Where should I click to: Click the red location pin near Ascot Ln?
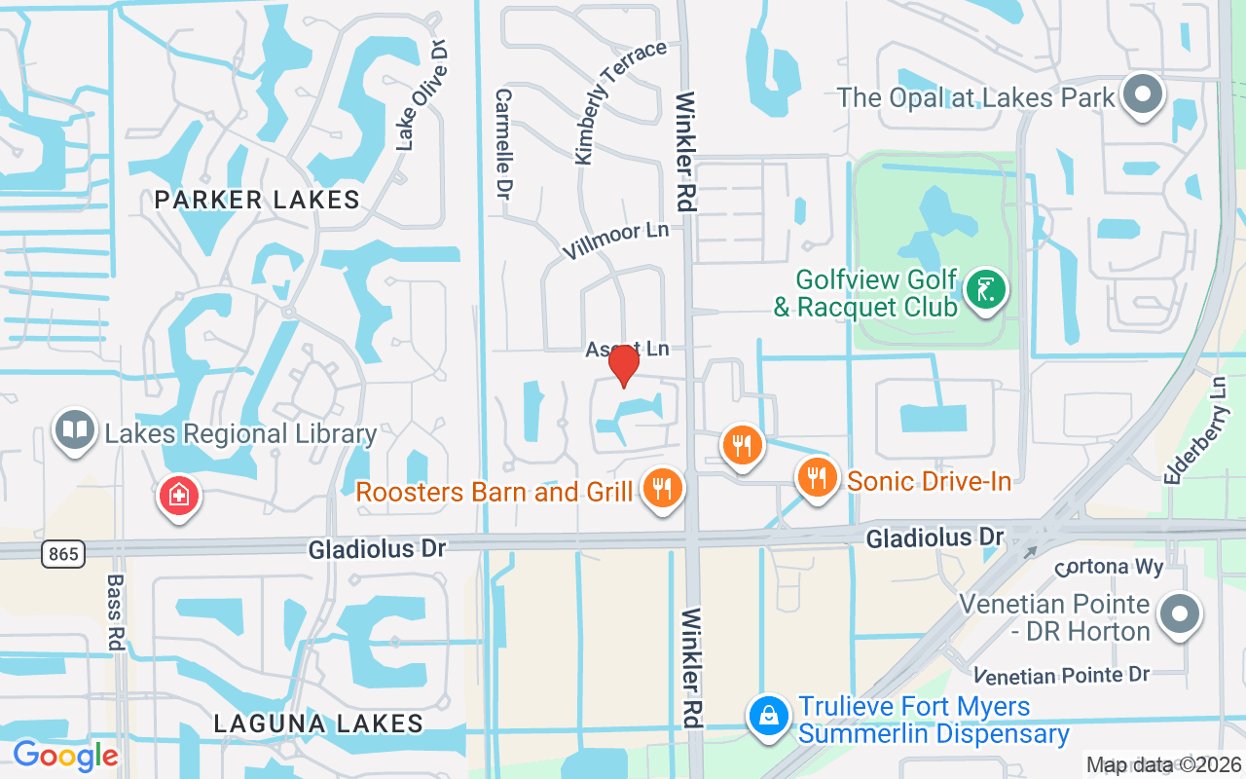tap(623, 365)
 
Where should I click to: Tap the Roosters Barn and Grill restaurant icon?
tap(663, 487)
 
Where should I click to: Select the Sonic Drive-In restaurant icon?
tap(818, 477)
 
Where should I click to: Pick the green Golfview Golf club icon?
tap(985, 291)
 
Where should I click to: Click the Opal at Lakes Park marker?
tap(1143, 95)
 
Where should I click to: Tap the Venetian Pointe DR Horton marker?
tap(1180, 613)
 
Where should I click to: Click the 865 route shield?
tap(63, 554)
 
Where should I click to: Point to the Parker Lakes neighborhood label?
tap(257, 201)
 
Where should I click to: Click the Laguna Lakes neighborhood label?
tap(318, 723)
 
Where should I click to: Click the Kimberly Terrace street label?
tap(619, 101)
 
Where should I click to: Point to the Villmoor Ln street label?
tap(615, 240)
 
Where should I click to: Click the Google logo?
tap(65, 756)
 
